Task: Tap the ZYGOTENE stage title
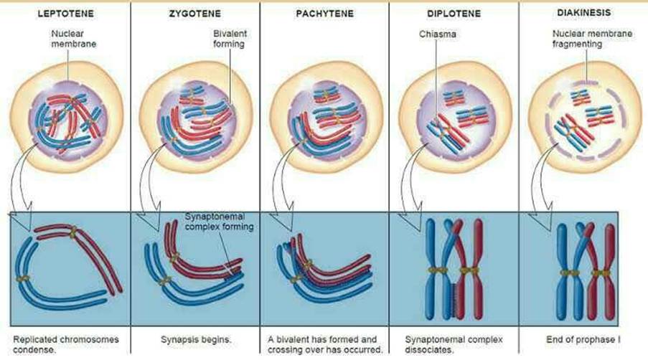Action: point(194,13)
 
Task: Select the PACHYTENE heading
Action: point(323,13)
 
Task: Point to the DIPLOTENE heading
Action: point(454,13)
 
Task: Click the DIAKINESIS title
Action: point(581,12)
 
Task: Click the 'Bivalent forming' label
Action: point(229,39)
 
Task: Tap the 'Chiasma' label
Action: point(438,34)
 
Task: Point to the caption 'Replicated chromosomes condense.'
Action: point(65,343)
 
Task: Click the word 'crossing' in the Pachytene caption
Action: point(283,349)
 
